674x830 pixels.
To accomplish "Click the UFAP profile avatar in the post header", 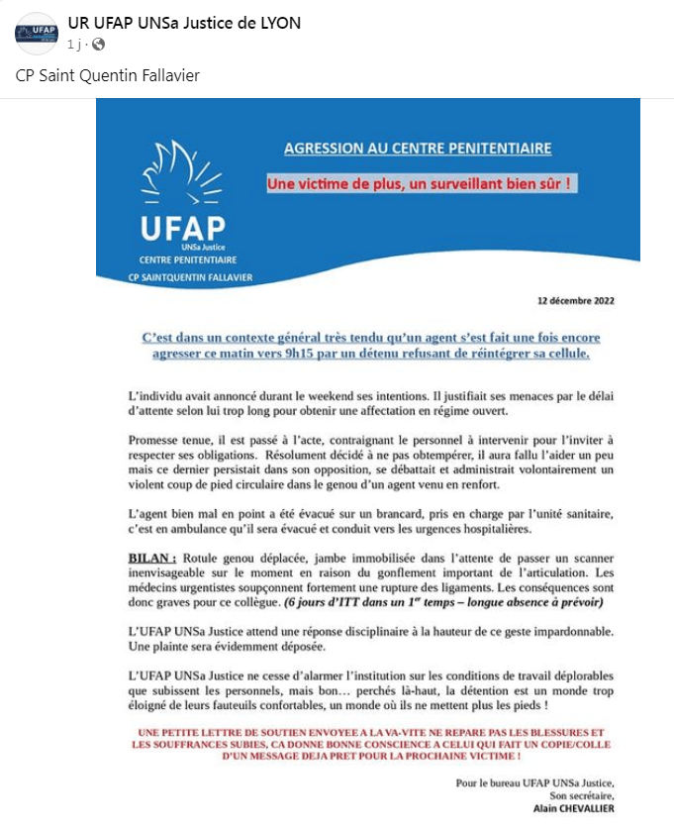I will pos(36,34).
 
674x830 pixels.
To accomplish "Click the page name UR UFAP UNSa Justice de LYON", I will pos(184,23).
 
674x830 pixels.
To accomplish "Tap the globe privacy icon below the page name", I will pos(98,45).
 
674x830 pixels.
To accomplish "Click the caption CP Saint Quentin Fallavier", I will pos(108,76).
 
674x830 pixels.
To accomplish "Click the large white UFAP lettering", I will pos(182,227).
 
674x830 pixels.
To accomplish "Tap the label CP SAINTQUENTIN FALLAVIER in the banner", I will pos(190,276).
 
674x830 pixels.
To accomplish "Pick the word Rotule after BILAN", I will pos(203,559).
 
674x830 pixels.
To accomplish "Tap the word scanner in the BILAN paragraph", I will pos(591,559).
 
